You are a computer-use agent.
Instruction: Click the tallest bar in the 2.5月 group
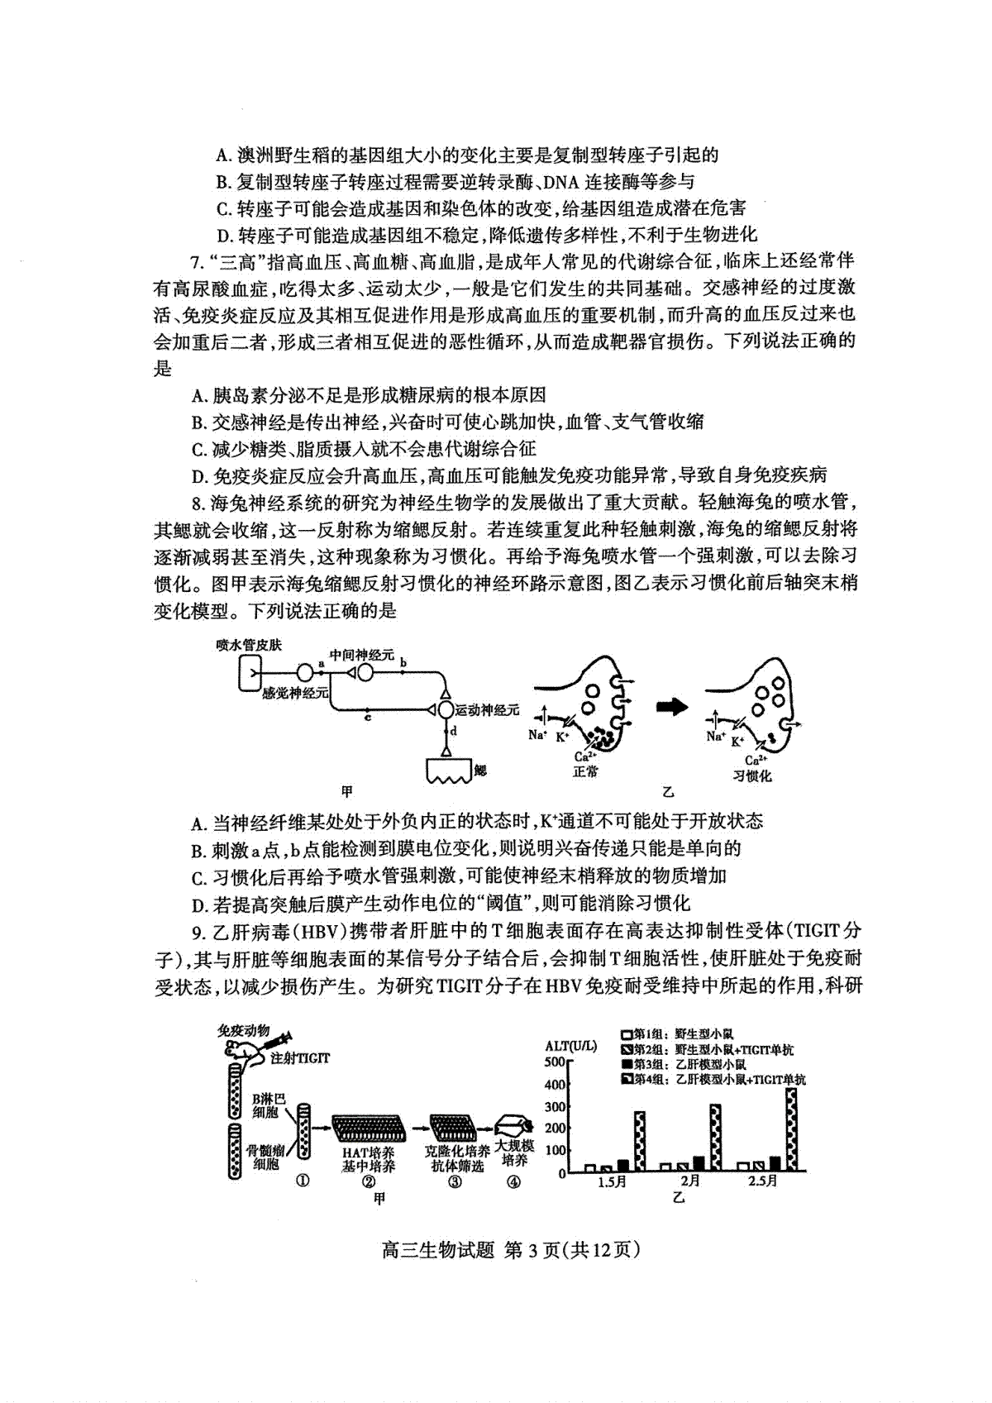(x=792, y=1129)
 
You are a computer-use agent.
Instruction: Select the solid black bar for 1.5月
(x=622, y=1166)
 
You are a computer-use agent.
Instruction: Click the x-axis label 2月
(x=690, y=1181)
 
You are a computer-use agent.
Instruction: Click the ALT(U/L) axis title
(x=570, y=1046)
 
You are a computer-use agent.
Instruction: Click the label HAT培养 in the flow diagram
(x=369, y=1152)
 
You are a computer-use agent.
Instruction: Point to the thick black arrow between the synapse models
(x=671, y=706)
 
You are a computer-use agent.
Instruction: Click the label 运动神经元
(x=488, y=709)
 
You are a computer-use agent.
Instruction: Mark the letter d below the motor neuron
(x=453, y=731)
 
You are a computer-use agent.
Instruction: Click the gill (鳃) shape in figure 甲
(x=449, y=771)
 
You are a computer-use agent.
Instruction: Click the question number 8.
(x=196, y=502)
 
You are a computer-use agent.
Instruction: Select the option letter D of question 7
(x=198, y=475)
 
